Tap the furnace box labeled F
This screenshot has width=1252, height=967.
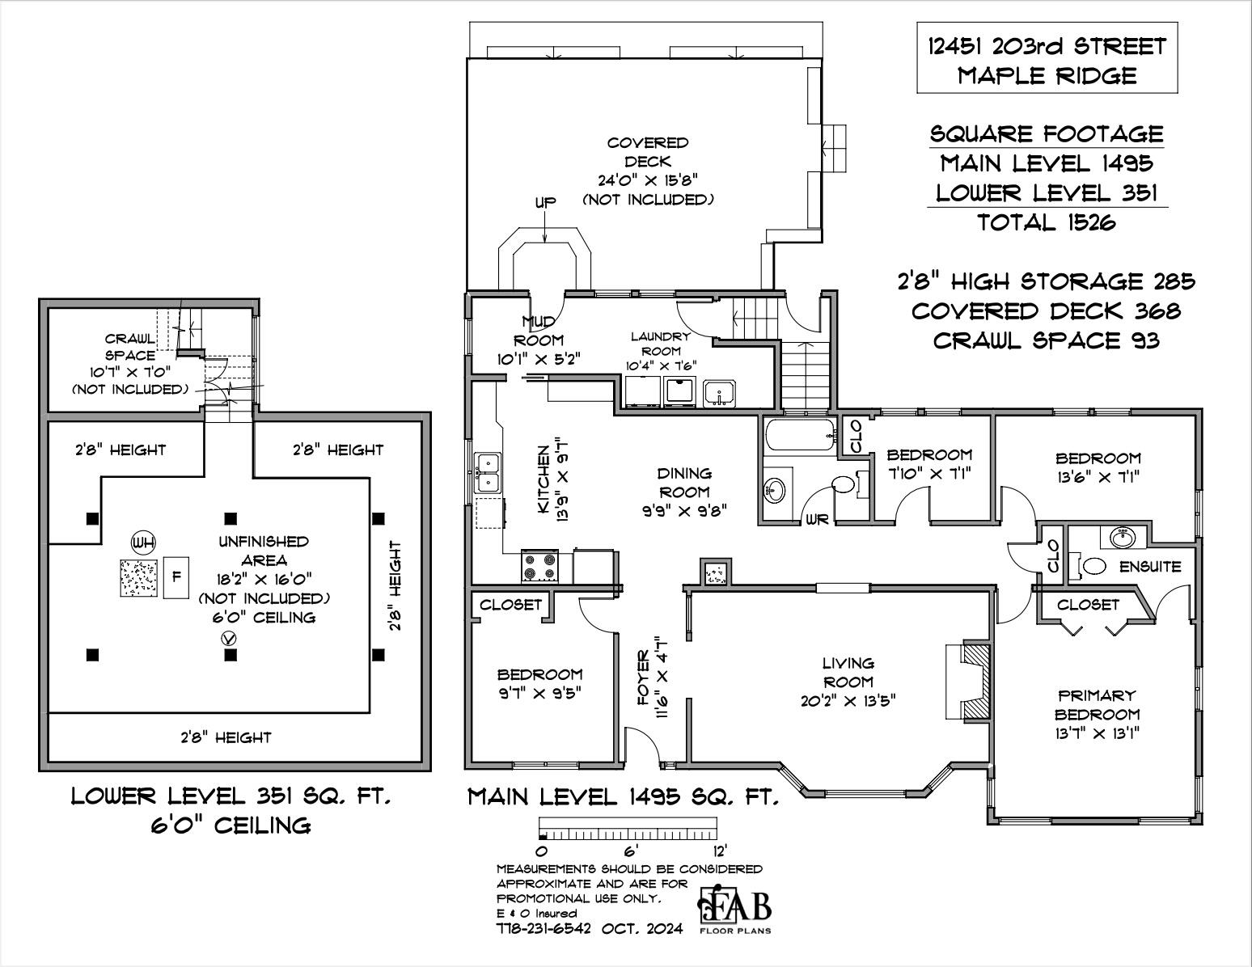[x=176, y=577]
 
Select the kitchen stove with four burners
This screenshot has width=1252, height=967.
[x=539, y=566]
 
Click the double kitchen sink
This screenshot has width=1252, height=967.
[x=488, y=473]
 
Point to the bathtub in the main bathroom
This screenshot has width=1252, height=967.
[x=800, y=435]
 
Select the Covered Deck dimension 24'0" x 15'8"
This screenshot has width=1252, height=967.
[x=648, y=180]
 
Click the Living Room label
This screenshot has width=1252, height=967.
[x=848, y=672]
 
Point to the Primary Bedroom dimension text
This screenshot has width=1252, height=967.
[x=1098, y=733]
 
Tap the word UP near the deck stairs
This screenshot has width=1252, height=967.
[x=545, y=202]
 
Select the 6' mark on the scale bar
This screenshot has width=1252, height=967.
[x=630, y=851]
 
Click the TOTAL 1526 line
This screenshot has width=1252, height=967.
[x=1047, y=222]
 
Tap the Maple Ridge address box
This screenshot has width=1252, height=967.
[x=1047, y=57]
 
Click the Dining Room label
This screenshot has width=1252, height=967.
[x=684, y=483]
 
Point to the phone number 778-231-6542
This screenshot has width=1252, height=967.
[x=544, y=929]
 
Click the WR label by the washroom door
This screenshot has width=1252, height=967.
[x=817, y=520]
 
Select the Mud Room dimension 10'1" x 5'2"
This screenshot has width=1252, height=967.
[x=539, y=359]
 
